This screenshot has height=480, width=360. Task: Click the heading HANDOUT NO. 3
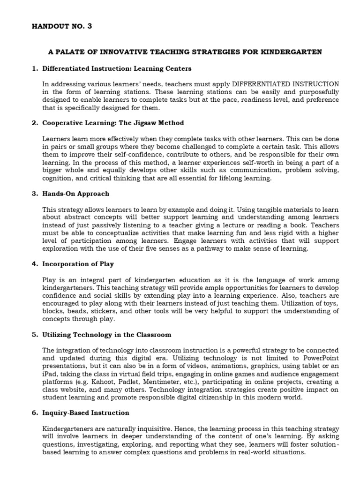[61, 26]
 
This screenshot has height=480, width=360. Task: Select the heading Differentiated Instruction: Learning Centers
[117, 68]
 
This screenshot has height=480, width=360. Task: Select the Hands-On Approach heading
[75, 194]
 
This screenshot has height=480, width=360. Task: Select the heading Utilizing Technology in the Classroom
[106, 335]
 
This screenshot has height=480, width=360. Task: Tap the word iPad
[50, 374]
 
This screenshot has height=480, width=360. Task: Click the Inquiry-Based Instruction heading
[86, 413]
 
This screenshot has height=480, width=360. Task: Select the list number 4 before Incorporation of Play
[34, 264]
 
